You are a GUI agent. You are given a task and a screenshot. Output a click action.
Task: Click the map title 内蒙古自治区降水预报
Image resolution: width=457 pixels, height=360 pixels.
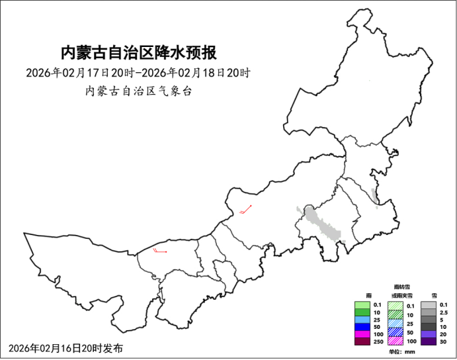coord(138,52)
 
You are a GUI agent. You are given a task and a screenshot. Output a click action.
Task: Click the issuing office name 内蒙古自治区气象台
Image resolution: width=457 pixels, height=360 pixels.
coord(138,91)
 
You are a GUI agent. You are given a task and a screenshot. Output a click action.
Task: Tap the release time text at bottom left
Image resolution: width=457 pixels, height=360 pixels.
coord(65,348)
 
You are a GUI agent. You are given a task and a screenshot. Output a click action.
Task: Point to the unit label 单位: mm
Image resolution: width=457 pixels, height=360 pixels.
coord(401,351)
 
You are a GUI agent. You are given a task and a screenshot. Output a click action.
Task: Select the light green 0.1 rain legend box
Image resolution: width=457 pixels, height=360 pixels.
coord(362,304)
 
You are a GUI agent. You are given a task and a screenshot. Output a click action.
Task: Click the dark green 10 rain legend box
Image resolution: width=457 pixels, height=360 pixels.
coord(362,312)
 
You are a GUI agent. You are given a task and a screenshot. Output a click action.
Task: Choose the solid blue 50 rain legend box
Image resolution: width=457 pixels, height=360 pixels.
coord(362,327)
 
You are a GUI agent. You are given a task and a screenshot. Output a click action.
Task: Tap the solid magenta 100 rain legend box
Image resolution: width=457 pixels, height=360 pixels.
coord(362,334)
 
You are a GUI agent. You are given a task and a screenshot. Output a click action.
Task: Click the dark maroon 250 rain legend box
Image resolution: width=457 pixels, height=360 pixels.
coord(362,341)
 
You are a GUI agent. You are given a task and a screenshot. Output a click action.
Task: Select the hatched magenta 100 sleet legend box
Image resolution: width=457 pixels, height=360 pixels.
coord(395,341)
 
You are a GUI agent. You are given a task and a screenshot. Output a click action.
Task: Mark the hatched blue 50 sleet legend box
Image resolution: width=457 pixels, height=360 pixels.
coord(395,333)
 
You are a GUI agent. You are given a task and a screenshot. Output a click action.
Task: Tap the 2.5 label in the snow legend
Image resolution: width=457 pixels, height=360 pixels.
coord(444,312)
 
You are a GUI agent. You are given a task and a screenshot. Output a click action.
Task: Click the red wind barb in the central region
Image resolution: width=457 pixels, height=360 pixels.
coord(247,210)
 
